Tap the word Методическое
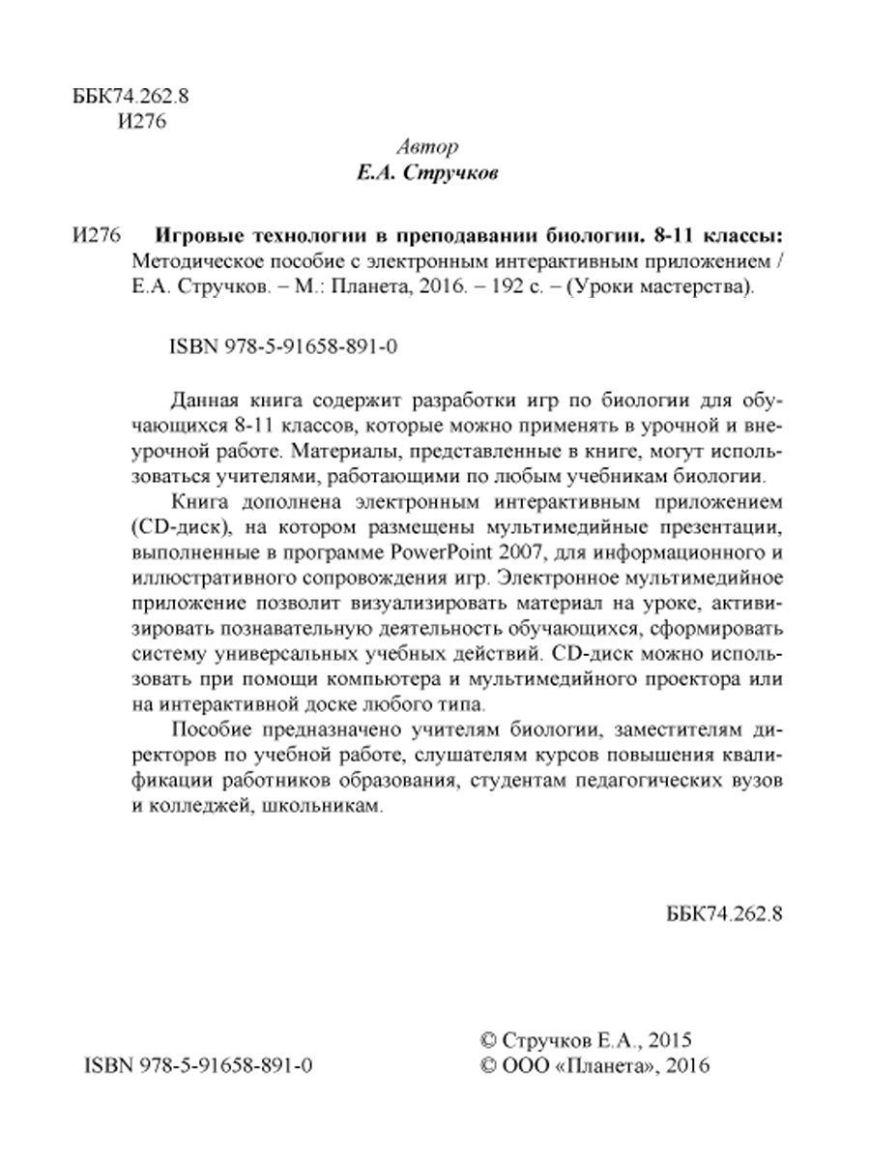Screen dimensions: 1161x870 190,261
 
